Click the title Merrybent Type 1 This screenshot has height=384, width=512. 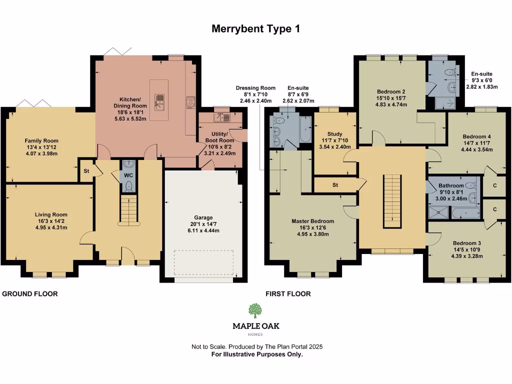pos(255,29)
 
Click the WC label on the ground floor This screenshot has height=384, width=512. pos(128,175)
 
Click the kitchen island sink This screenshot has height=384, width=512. pos(159,102)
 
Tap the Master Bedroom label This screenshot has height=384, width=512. pos(312,221)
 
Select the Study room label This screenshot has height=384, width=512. pos(334,134)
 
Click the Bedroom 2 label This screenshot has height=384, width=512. pos(390,91)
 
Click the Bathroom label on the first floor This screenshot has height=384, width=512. pos(451,185)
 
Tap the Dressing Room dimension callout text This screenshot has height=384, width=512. pos(255,94)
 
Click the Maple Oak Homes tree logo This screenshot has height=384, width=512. pos(255,311)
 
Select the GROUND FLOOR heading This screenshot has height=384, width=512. pos(30,294)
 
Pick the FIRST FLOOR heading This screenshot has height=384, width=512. pos(288,294)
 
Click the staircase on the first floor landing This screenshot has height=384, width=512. pos(392,200)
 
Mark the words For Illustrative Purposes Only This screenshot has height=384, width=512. pos(256,354)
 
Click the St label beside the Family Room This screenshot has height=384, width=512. pos(85,171)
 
